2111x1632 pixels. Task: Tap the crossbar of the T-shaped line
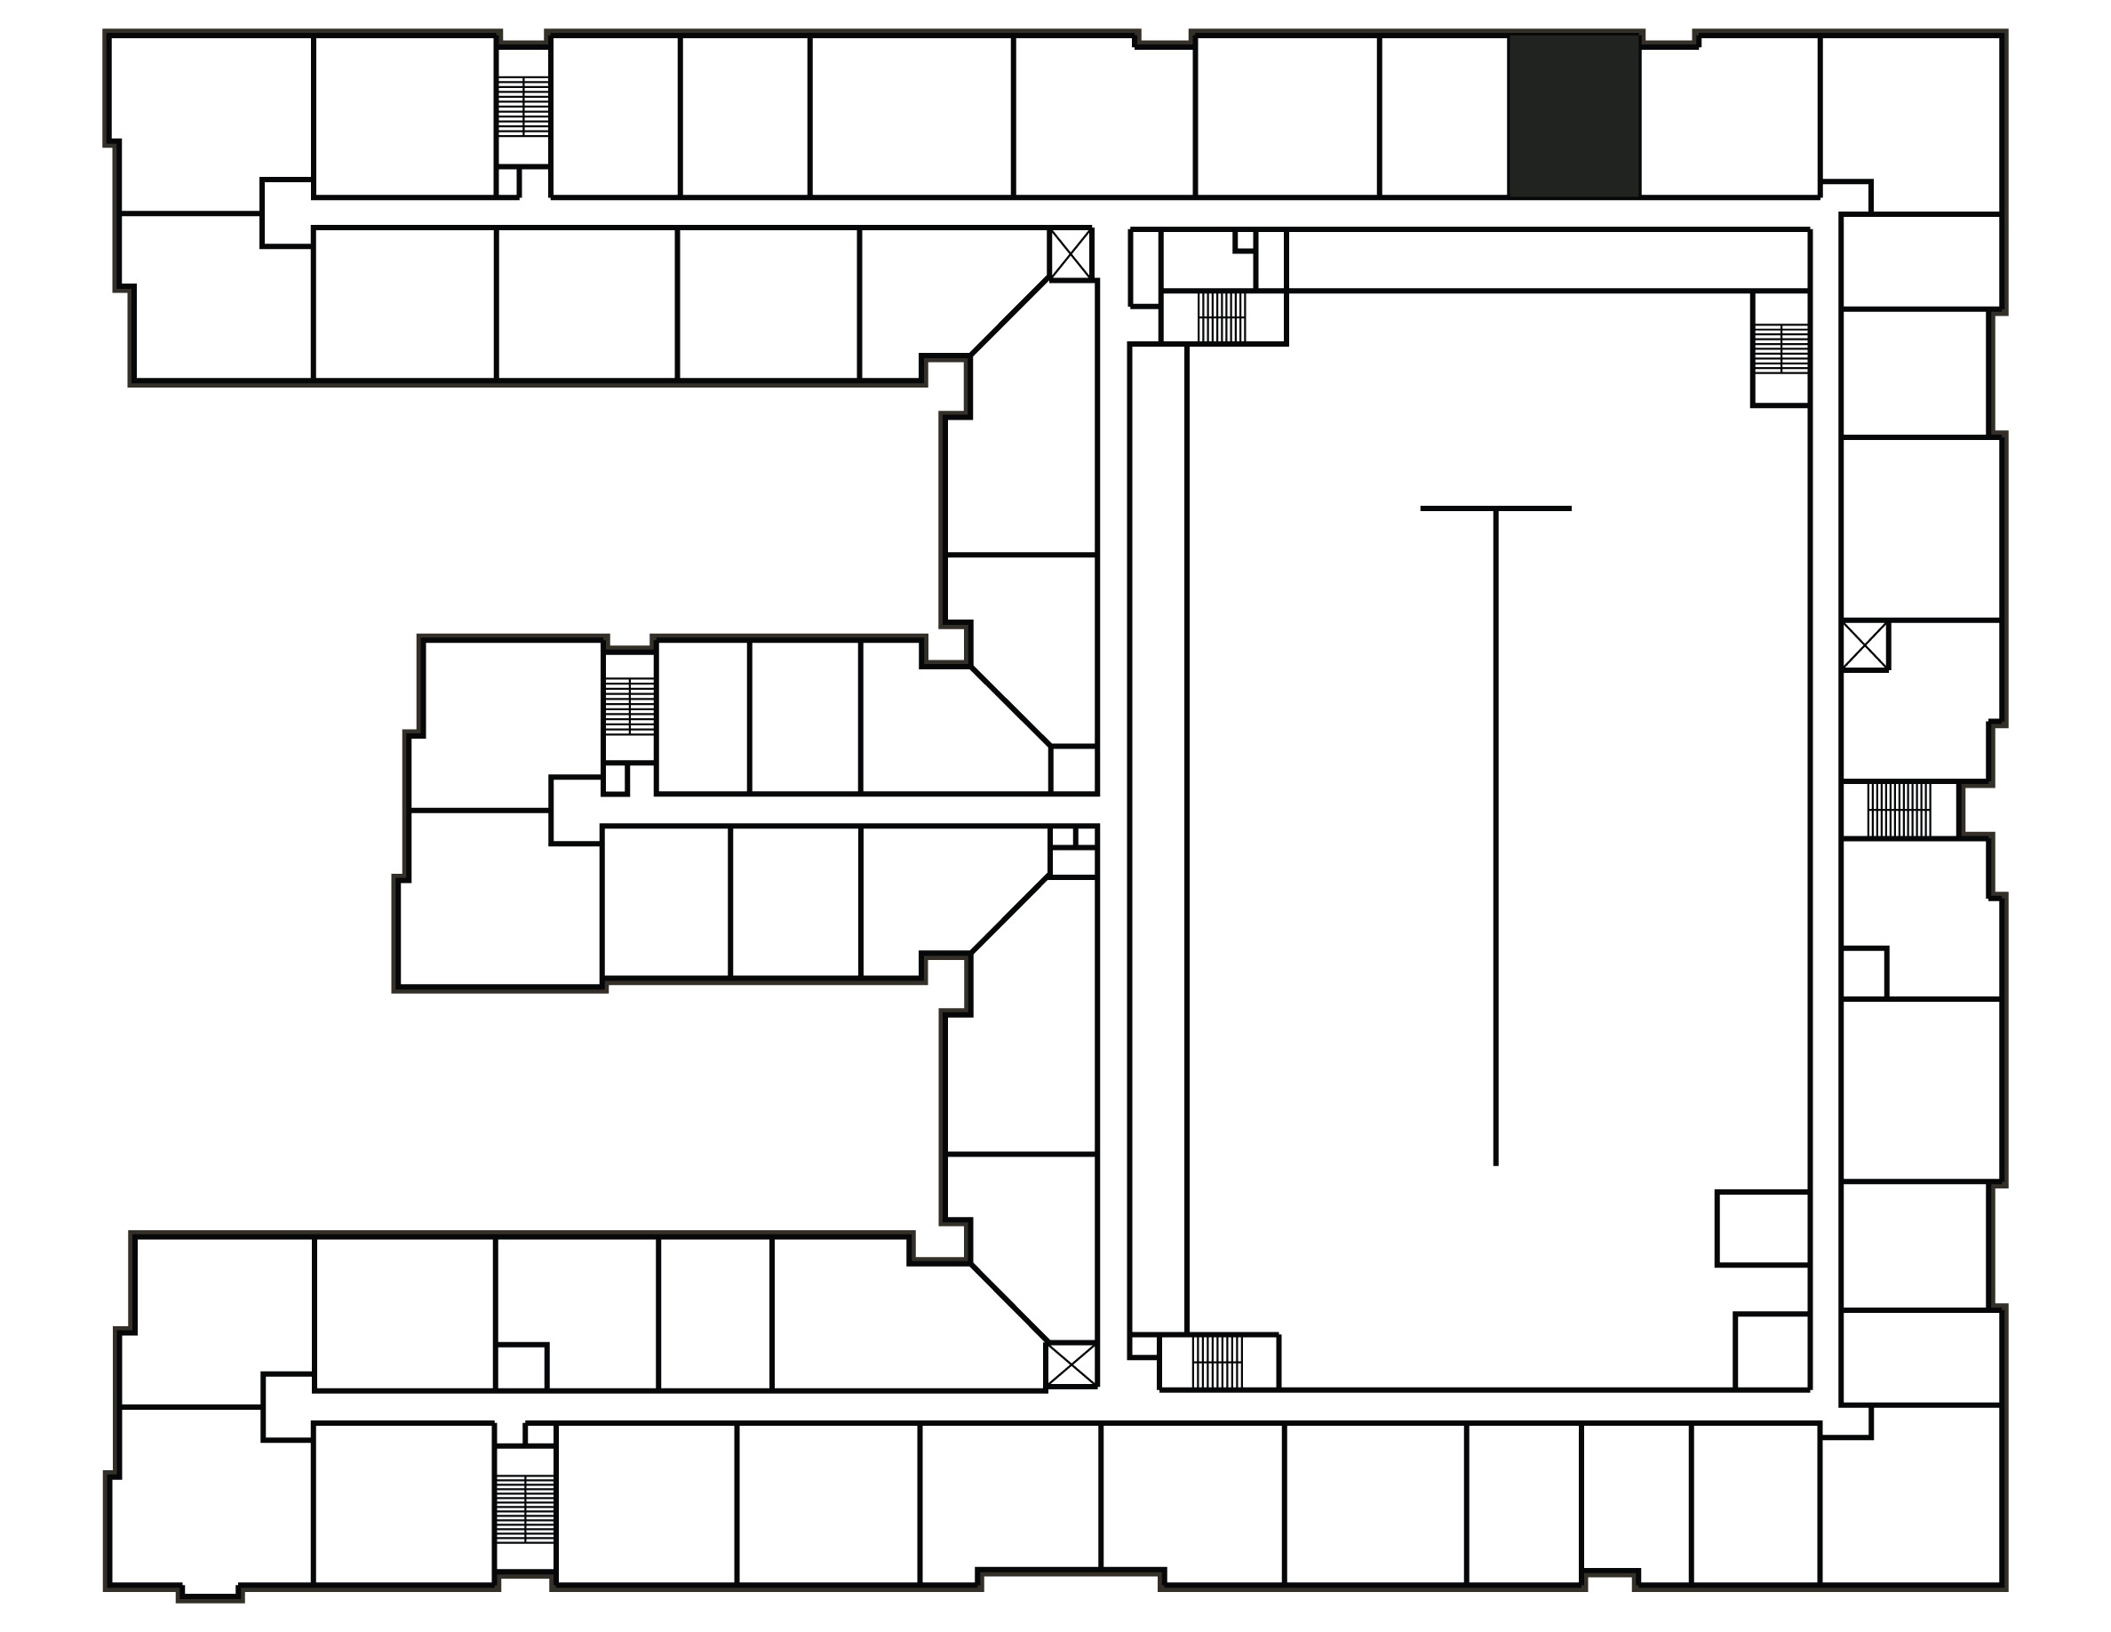tap(1495, 508)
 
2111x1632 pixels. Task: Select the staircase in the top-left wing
tap(523, 107)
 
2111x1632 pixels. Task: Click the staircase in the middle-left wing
tap(629, 706)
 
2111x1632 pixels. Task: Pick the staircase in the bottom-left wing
tap(525, 1509)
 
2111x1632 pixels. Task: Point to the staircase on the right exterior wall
tap(1899, 810)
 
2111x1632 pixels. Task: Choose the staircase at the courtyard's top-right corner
tap(1781, 349)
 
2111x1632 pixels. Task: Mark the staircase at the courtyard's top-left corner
tap(1222, 317)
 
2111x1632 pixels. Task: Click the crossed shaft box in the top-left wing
tap(1071, 255)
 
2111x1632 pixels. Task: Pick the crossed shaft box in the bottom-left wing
tap(1071, 1364)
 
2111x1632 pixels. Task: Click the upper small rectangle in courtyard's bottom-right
tap(1762, 1228)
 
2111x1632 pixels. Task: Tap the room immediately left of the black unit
tap(1444, 116)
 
